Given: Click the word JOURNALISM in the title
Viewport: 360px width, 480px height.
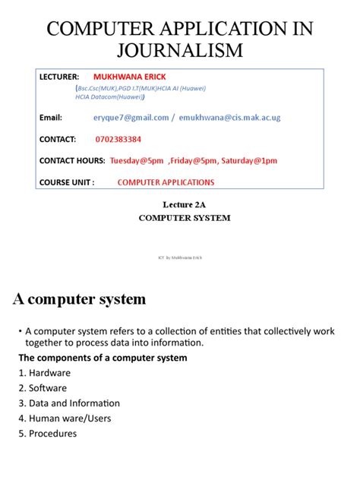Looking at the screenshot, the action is [x=179, y=50].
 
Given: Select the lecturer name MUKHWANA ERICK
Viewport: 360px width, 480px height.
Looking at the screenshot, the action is [x=130, y=77].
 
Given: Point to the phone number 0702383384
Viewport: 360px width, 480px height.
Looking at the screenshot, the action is [x=118, y=140].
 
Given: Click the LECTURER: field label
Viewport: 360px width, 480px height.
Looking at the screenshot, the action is [x=59, y=77].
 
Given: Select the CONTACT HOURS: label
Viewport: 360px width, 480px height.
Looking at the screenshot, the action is [x=71, y=161].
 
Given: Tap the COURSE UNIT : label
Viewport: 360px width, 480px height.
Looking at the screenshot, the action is [x=66, y=182].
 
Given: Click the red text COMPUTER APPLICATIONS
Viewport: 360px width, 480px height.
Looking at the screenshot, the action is [x=166, y=182].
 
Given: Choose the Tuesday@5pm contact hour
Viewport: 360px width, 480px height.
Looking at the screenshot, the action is [x=137, y=161].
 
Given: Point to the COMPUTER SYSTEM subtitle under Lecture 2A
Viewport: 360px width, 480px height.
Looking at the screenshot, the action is [x=184, y=218].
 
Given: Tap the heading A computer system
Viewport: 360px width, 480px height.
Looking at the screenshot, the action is [x=79, y=299].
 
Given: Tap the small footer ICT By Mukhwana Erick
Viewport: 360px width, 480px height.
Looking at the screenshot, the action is [x=180, y=259].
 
